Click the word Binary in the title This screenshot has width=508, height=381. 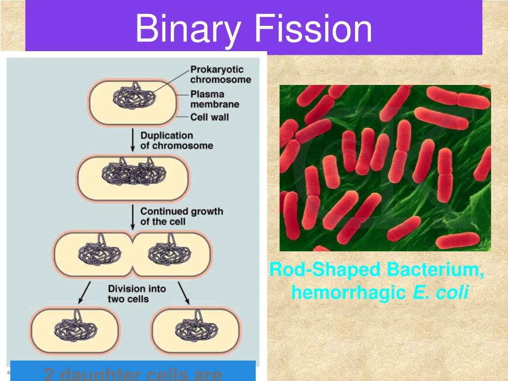[188, 29]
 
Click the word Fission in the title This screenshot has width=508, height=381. [313, 29]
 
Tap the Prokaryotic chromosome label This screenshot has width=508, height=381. [220, 75]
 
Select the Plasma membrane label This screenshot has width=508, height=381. [215, 99]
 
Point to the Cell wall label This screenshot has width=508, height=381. [210, 118]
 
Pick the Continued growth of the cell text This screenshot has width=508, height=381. [181, 216]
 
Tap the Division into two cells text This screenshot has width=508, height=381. [137, 294]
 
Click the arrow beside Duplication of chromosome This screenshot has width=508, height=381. [133, 141]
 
